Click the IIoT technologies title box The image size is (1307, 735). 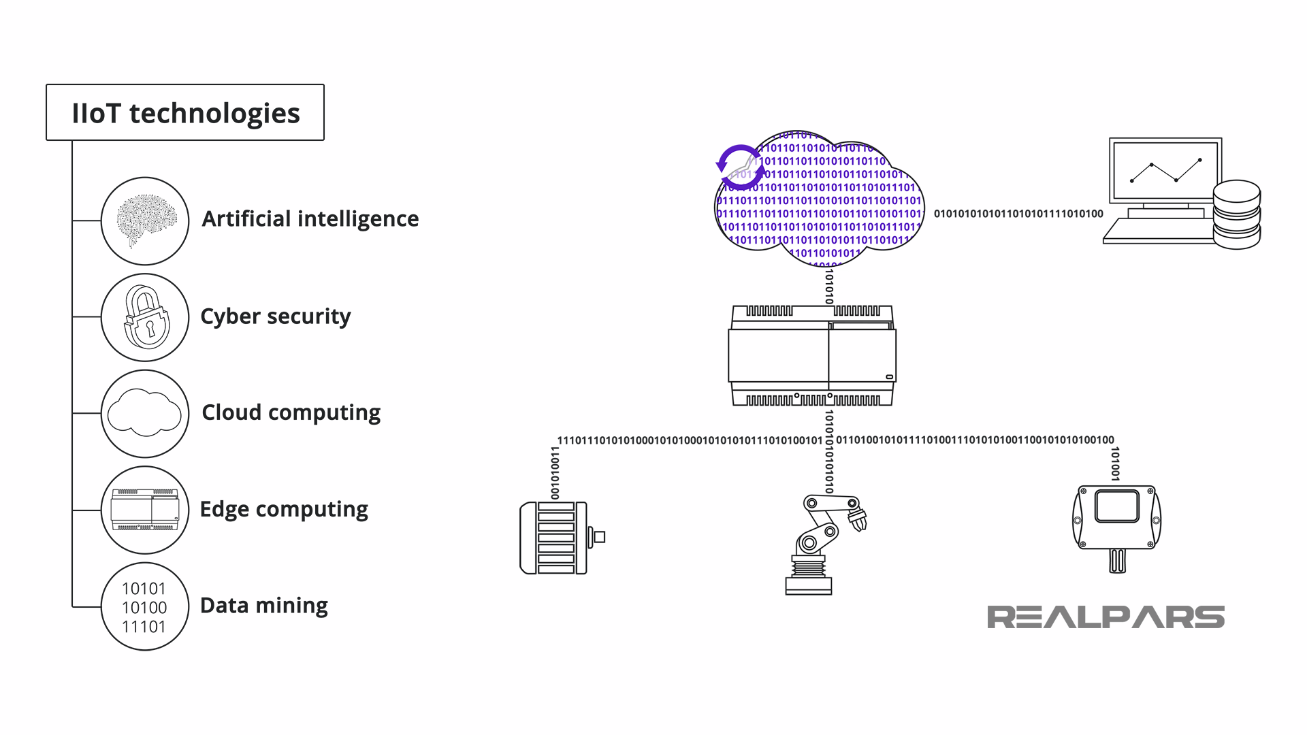tap(185, 113)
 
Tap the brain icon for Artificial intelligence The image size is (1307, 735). tap(145, 220)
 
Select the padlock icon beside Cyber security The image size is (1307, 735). tap(146, 317)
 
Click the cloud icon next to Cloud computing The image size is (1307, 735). tap(144, 413)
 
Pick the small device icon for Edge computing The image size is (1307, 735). tap(145, 510)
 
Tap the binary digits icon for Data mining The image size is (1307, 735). tap(144, 607)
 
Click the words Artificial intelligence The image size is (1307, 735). tap(310, 219)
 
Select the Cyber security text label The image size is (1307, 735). tap(276, 316)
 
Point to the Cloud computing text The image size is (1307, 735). tap(291, 412)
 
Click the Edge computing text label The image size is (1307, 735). tap(284, 509)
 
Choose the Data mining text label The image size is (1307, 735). tap(264, 606)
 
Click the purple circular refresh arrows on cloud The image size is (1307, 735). tap(739, 166)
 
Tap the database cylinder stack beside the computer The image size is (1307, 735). tap(1237, 214)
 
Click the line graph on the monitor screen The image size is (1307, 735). tap(1165, 171)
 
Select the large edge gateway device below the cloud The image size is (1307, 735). tap(812, 356)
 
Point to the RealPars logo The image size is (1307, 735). tap(1106, 617)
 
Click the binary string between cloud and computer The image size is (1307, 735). tap(1018, 214)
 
